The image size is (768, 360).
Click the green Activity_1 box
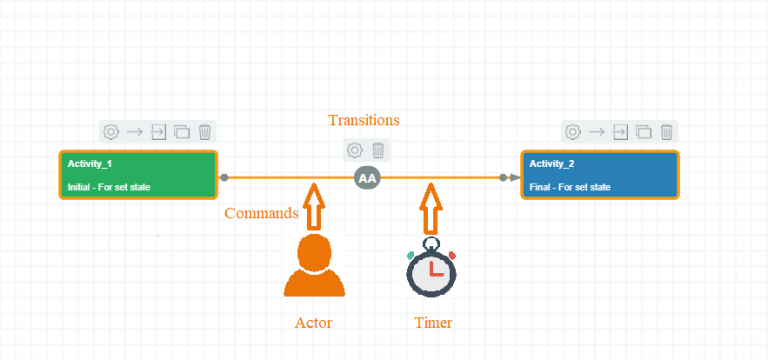tap(138, 175)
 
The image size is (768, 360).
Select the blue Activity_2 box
tap(600, 175)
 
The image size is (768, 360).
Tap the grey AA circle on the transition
tap(368, 178)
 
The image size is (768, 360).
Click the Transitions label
tap(364, 120)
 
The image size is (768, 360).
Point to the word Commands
tap(261, 213)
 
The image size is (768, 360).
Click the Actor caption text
tap(313, 323)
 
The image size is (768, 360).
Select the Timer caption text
tap(433, 323)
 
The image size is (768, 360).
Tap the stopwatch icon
tap(431, 268)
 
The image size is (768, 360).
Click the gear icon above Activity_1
tap(112, 131)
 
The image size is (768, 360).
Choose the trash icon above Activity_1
tap(204, 131)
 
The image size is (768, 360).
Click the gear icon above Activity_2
tap(573, 131)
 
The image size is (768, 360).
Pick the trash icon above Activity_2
tap(666, 131)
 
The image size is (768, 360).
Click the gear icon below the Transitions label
tap(354, 150)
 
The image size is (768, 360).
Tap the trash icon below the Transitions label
tap(378, 150)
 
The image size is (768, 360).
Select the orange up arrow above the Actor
tap(314, 206)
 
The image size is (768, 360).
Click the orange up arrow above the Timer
tap(431, 206)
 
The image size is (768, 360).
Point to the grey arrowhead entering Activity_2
tap(514, 178)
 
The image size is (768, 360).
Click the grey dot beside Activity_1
tap(225, 178)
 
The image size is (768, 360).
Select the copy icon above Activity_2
tap(643, 131)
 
